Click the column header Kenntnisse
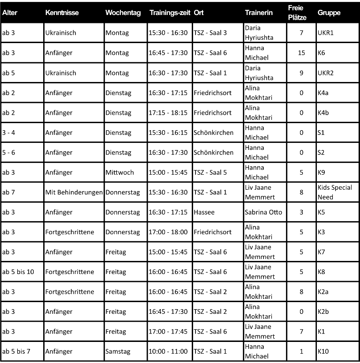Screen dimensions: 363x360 click(61, 13)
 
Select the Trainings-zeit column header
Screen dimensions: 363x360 click(170, 13)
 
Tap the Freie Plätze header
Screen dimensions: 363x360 click(297, 13)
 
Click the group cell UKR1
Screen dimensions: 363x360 click(326, 33)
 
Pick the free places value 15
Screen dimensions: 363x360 click(301, 53)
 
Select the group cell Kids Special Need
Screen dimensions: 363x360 click(335, 192)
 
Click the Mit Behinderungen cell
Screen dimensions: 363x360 click(74, 192)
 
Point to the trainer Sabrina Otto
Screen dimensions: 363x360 click(263, 212)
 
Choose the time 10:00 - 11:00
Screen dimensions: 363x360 click(168, 351)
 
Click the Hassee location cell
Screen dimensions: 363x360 click(204, 212)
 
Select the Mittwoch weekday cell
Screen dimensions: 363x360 click(120, 172)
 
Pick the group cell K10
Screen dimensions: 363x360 click(323, 351)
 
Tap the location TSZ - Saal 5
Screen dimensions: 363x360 click(210, 172)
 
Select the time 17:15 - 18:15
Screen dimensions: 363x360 click(168, 113)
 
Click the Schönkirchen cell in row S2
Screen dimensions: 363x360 click(213, 153)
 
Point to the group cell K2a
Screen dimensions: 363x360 click(323, 292)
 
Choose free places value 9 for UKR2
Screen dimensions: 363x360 click(301, 73)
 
